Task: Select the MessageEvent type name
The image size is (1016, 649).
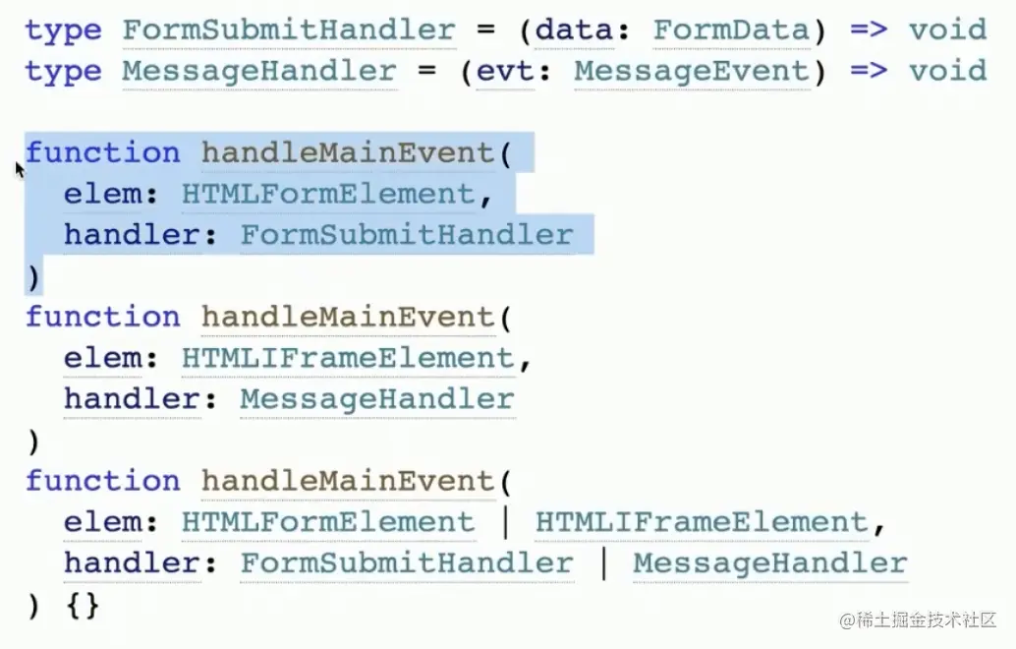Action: coord(692,71)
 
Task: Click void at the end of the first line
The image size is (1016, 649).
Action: coord(947,29)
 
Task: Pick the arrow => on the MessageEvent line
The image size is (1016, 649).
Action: coord(869,71)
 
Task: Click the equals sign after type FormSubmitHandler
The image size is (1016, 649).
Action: coord(485,29)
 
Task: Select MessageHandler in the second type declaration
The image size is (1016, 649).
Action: coord(259,71)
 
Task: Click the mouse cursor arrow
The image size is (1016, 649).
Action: coord(20,169)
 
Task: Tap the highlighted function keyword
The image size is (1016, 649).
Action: coord(103,153)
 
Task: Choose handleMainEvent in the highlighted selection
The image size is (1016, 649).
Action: coord(348,153)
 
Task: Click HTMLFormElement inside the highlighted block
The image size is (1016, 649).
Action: coord(328,195)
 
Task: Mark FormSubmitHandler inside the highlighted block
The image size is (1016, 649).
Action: coord(406,236)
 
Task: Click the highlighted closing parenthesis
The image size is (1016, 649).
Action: coord(33,277)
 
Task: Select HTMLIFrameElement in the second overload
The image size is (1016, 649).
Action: coord(348,359)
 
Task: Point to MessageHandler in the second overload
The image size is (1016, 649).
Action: coord(377,399)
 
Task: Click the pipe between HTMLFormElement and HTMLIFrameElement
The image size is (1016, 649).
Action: coord(505,522)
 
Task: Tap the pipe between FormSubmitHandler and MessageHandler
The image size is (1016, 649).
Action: coord(603,563)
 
